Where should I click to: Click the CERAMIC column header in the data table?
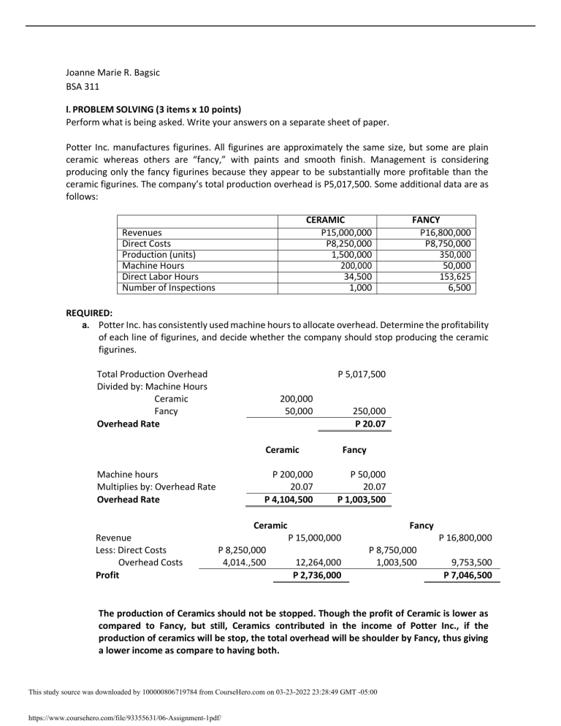click(x=324, y=218)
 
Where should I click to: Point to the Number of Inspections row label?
click(x=169, y=288)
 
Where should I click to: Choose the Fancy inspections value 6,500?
click(x=458, y=288)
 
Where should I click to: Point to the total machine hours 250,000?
click(x=369, y=411)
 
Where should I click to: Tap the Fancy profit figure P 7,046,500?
click(x=467, y=575)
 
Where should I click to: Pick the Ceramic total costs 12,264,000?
click(x=318, y=562)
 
